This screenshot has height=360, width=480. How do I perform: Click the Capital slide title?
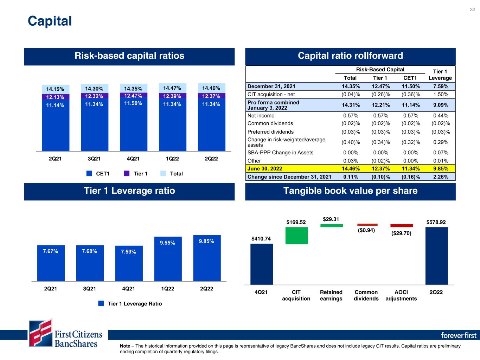coord(50,21)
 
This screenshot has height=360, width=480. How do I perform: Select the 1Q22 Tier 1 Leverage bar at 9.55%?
coord(168,259)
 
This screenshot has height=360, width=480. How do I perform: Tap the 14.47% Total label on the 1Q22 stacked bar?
coord(172,88)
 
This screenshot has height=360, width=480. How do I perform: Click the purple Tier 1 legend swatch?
coord(127,174)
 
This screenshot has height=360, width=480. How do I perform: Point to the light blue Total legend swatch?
coord(163,174)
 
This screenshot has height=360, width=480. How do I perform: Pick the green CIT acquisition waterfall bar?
coord(296,236)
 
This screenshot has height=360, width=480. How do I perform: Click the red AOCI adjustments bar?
coord(402,226)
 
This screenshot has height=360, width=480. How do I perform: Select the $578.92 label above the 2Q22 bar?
coord(436,222)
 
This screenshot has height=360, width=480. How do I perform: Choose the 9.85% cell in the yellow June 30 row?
coord(441,168)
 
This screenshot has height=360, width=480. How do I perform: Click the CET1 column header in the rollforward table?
coord(410,78)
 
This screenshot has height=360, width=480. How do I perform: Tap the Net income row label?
coord(261,116)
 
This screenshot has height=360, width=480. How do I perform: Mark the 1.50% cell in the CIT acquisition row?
coord(441,95)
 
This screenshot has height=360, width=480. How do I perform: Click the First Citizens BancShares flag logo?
coord(41,333)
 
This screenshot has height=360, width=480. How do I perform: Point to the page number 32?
coord(472,9)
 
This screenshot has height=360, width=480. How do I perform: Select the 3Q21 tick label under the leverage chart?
coord(89,289)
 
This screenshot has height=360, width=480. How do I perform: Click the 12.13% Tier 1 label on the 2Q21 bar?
coord(55,97)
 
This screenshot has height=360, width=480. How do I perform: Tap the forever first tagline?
coord(459,335)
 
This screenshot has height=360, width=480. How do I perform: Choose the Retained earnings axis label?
coord(331,295)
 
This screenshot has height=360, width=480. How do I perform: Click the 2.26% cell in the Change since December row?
coord(441,177)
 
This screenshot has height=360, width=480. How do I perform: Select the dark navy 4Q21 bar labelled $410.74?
coord(262,264)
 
